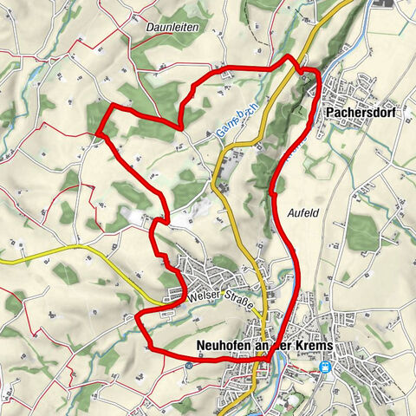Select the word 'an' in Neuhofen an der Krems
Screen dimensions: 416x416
pyautogui.click(x=263, y=343)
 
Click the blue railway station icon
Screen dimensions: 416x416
pyautogui.click(x=326, y=367)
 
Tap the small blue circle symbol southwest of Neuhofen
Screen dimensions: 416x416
pyautogui.click(x=188, y=365)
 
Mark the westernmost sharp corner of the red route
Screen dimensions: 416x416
pyautogui.click(x=98, y=133)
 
